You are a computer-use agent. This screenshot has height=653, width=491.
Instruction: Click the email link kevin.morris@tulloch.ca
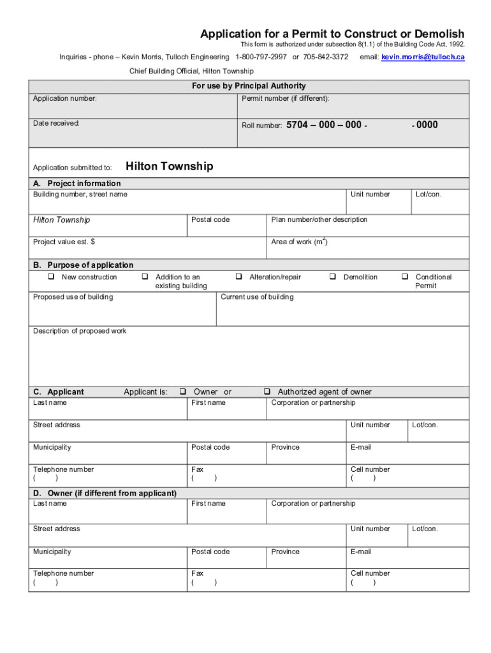coord(423,57)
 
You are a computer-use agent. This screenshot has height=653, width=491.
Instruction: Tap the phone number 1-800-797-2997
coord(261,57)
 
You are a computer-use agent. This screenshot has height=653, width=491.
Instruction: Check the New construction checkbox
coord(50,277)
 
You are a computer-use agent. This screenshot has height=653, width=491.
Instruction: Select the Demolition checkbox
coord(332,277)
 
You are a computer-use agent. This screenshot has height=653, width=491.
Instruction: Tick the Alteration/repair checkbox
coord(238,277)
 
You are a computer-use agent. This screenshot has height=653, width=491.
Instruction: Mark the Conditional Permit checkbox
coord(404,277)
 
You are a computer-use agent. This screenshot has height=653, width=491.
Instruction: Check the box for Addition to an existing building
coord(145,277)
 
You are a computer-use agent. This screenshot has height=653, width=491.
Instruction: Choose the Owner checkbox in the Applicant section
coord(182,392)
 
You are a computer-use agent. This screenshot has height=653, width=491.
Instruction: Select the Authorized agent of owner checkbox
coord(267,392)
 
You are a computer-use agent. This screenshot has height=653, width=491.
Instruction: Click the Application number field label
coord(65,99)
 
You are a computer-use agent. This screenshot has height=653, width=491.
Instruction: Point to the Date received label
coord(56,123)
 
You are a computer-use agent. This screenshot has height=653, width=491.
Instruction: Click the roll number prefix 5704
coord(297,126)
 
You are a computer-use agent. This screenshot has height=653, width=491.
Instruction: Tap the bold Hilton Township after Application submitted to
coord(170,167)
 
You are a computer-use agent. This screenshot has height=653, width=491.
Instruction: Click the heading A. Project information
coord(77,184)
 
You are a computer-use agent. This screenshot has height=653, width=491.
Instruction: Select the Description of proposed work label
coord(80,332)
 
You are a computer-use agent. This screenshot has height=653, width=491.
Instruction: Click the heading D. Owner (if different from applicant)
coord(105,494)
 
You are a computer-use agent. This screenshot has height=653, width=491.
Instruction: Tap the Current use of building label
coord(257,297)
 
